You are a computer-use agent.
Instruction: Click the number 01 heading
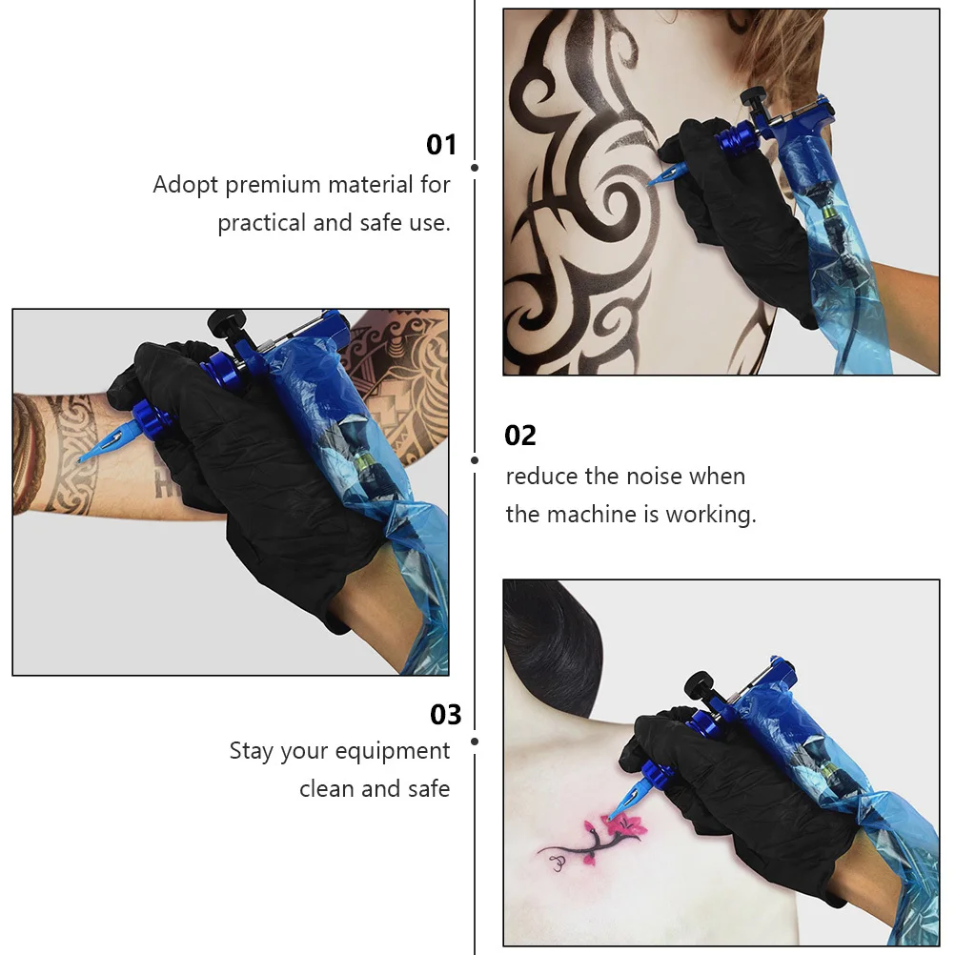(441, 145)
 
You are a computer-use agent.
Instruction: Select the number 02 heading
(520, 436)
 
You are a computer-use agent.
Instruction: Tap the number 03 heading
(445, 714)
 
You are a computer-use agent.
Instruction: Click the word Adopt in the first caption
(186, 185)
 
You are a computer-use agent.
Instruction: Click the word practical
(261, 224)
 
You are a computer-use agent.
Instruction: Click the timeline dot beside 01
(475, 168)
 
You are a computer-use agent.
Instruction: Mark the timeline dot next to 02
(475, 459)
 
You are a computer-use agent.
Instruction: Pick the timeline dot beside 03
(475, 741)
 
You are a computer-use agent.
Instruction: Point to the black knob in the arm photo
(226, 322)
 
